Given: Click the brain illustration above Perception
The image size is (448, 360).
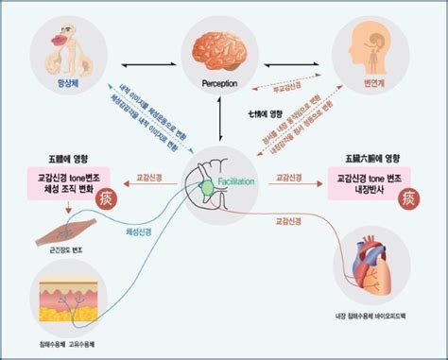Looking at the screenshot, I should [219, 48].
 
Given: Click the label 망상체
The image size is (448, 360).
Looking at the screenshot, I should [68, 84].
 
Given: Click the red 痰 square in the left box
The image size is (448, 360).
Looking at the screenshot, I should [114, 199].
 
